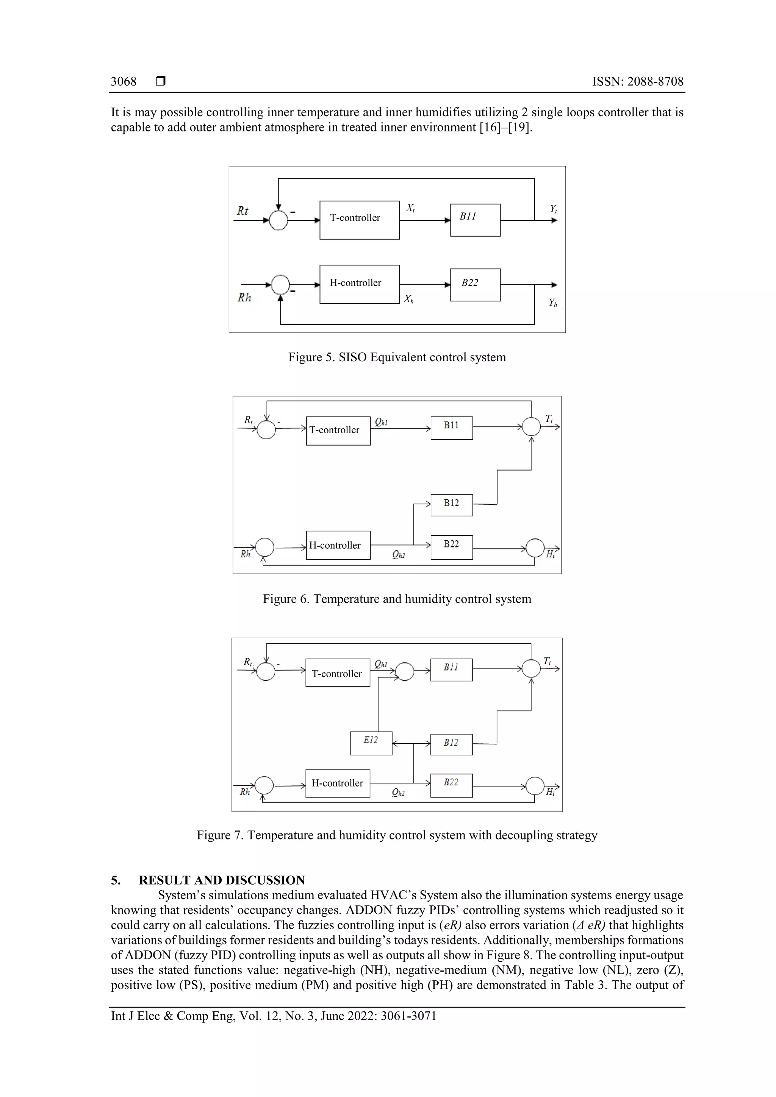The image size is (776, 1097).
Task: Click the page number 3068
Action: [x=124, y=82]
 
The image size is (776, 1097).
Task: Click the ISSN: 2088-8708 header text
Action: [x=637, y=82]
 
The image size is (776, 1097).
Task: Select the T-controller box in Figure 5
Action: [x=359, y=220]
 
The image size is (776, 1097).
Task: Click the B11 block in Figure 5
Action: [x=475, y=220]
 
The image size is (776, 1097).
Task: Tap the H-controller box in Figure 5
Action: [x=359, y=284]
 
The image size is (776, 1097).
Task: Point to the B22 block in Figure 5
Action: [x=475, y=285]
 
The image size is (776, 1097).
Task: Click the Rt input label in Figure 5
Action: [x=242, y=211]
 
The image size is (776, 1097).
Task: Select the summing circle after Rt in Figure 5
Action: [x=278, y=220]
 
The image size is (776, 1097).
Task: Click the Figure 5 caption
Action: [x=396, y=357]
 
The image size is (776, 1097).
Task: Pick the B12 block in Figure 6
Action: [x=451, y=504]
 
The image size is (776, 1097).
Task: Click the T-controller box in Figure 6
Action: [x=338, y=430]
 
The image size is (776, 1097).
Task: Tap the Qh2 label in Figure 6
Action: [x=398, y=554]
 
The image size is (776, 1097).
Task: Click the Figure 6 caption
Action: [x=396, y=599]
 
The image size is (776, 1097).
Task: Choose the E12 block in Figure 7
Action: [x=371, y=743]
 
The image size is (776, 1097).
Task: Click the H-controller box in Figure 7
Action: [x=338, y=783]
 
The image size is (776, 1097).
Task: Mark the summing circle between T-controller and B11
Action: [x=405, y=671]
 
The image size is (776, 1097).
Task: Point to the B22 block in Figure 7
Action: [x=451, y=785]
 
